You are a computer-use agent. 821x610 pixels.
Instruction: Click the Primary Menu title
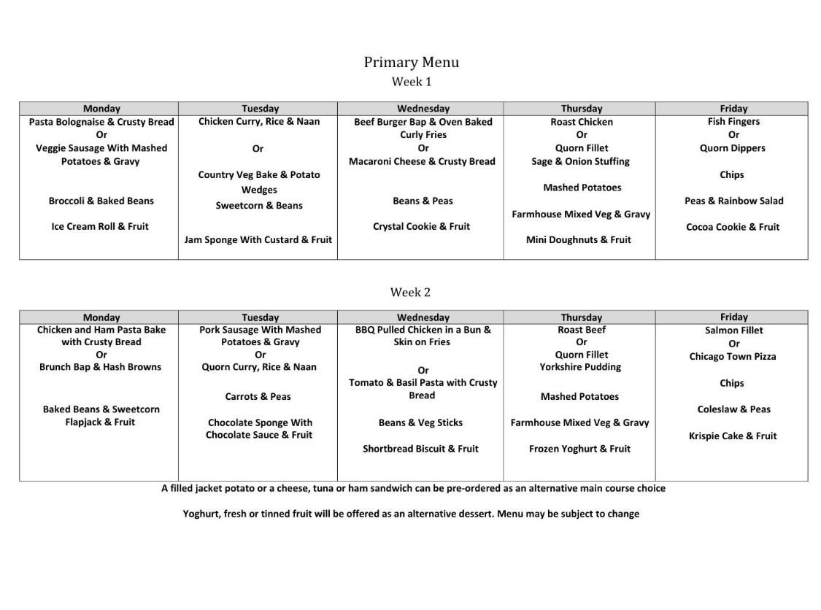411,62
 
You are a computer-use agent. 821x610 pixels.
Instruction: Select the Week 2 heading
410,292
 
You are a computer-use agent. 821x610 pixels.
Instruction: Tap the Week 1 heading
411,82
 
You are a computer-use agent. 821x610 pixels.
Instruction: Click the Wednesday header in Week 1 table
423,109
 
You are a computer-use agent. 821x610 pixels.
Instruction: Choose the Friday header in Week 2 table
733,317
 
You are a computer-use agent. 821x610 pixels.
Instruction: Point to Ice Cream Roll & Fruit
100,226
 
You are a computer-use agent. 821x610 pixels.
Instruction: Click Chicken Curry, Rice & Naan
259,121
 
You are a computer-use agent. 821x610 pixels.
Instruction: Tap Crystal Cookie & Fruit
421,226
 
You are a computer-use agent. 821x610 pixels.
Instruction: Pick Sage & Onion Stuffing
580,161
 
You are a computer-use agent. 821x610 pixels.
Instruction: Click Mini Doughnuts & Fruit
579,239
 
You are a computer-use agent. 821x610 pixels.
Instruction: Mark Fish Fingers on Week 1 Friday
733,121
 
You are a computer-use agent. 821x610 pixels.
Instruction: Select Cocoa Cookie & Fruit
733,227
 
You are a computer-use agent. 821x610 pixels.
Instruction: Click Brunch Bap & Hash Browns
100,367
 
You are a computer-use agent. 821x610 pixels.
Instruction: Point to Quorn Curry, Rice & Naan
259,367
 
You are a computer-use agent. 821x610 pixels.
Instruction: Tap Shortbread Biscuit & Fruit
420,449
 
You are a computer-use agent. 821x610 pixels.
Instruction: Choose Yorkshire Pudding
580,367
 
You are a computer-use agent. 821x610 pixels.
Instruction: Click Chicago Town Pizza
733,357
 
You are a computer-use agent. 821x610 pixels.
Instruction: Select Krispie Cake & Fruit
733,436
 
